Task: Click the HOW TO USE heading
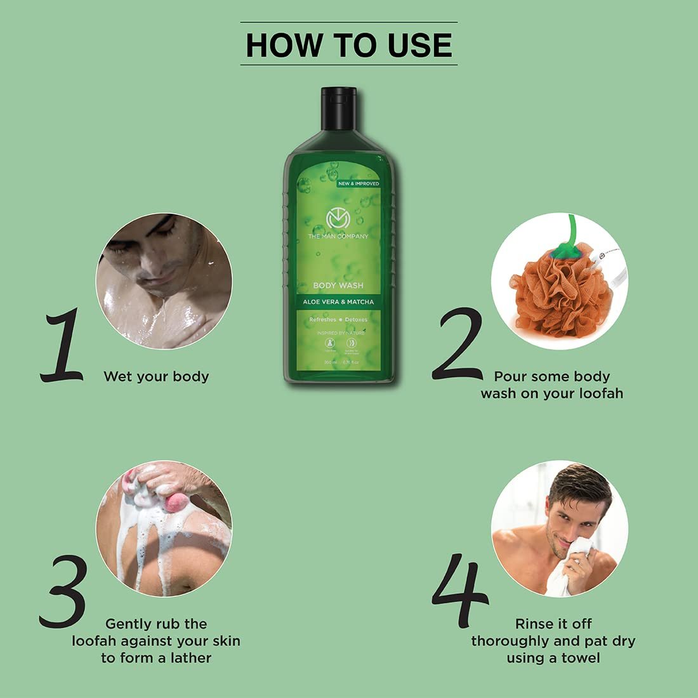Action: (x=348, y=44)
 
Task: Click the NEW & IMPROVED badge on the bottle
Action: (x=359, y=183)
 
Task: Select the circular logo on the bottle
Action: (x=338, y=219)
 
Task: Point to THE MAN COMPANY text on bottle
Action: (x=338, y=236)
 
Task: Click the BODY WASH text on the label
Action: (x=338, y=286)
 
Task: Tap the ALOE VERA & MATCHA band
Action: (x=338, y=302)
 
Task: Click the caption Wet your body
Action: (x=156, y=376)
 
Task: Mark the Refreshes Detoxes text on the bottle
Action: (x=338, y=320)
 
